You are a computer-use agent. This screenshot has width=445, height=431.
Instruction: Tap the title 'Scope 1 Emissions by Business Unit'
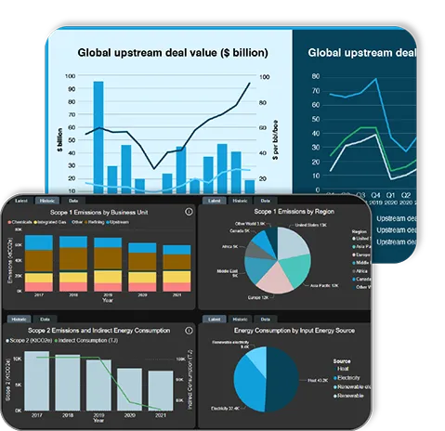coord(104,213)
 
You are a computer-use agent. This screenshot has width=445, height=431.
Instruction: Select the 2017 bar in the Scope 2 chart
coord(38,380)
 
